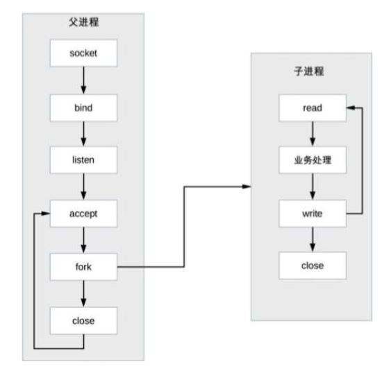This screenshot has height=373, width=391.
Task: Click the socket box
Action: click(x=83, y=53)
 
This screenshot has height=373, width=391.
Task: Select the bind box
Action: click(x=83, y=108)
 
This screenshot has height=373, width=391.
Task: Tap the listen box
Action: click(x=83, y=160)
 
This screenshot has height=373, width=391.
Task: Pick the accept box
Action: click(x=83, y=214)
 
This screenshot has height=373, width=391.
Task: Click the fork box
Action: click(x=83, y=267)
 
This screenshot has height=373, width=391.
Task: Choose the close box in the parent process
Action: click(x=83, y=321)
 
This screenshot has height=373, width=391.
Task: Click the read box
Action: click(x=313, y=108)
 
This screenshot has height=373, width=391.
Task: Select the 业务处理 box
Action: click(x=313, y=160)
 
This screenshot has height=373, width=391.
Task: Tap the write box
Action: click(x=313, y=214)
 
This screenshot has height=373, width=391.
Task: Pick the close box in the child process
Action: click(x=313, y=266)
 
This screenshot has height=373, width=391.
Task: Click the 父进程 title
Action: click(x=84, y=22)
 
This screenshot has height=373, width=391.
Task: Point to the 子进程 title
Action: click(x=309, y=71)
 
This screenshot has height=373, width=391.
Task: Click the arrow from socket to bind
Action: click(x=83, y=80)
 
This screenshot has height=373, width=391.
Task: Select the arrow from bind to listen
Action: click(x=83, y=134)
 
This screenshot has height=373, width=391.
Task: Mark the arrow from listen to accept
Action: click(x=83, y=186)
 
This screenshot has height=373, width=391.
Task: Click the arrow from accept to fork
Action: click(x=83, y=241)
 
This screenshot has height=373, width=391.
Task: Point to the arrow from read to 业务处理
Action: click(x=313, y=134)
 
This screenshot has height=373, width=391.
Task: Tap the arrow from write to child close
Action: click(x=313, y=239)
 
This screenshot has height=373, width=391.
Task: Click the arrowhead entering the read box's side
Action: click(x=351, y=108)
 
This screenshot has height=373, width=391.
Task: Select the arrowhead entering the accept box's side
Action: click(x=46, y=214)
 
